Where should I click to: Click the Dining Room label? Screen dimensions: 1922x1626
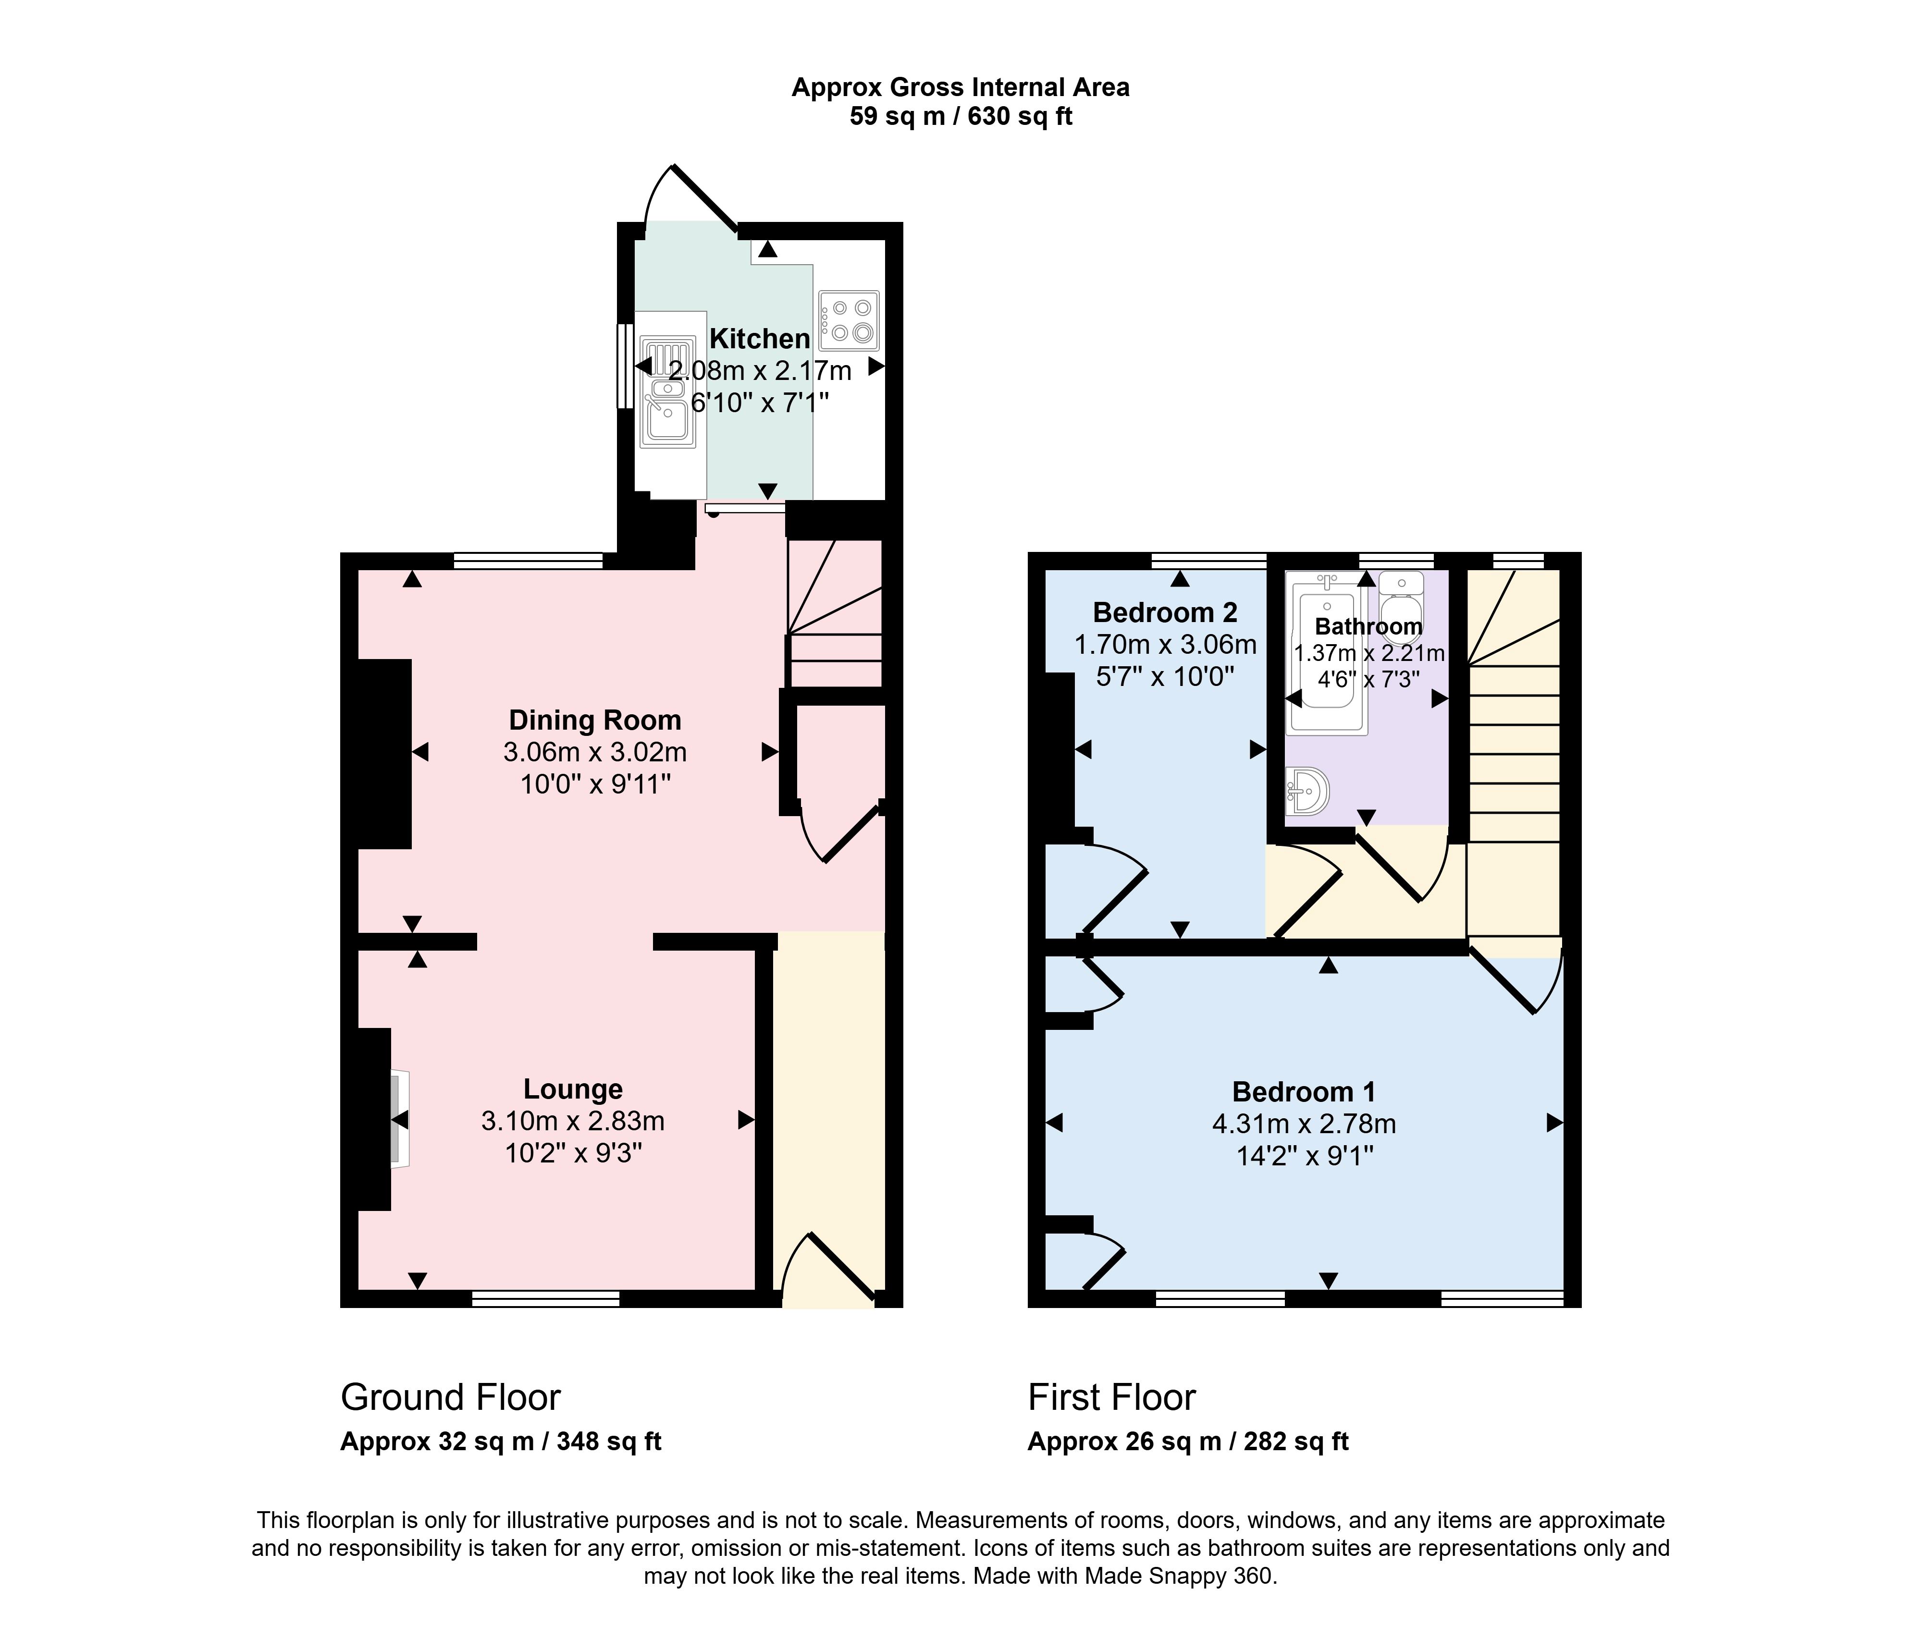click(594, 720)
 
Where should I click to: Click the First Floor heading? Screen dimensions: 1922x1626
click(1112, 1397)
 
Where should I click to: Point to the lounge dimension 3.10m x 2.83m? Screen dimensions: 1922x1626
click(572, 1121)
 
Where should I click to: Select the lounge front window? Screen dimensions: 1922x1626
click(546, 1299)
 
